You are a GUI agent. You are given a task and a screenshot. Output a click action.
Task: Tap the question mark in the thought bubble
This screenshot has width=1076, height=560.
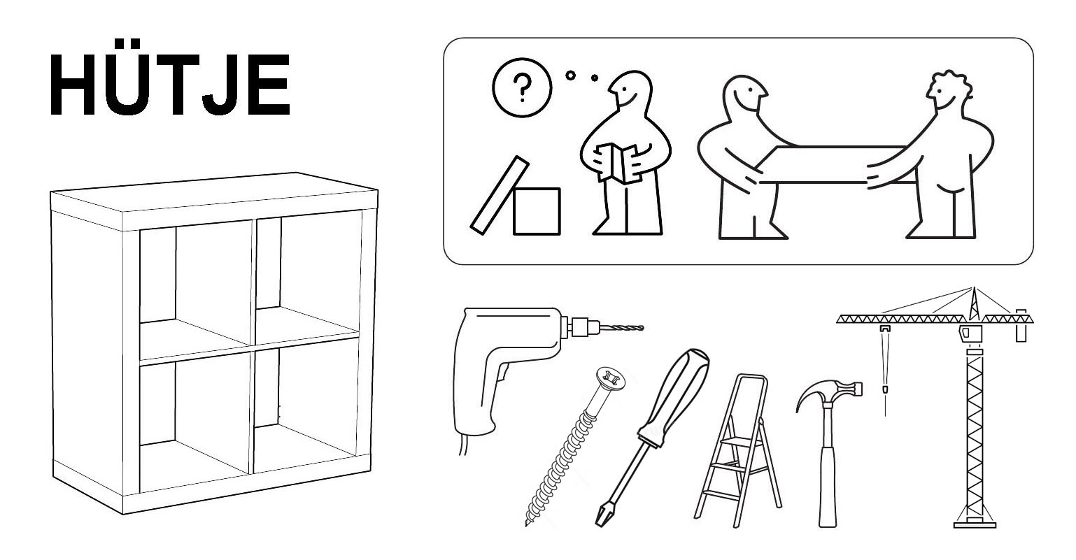pos(522,87)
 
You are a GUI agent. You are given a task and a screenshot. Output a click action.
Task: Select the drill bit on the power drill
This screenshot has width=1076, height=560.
pos(621,328)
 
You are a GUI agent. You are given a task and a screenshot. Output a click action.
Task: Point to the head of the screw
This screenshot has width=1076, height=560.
pos(611,379)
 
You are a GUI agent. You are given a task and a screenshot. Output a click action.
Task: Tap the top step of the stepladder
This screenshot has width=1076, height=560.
pos(735,441)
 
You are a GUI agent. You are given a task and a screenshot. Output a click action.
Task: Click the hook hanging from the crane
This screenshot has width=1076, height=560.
pos(883,388)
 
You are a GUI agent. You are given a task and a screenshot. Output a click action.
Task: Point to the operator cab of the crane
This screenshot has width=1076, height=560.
pos(968,333)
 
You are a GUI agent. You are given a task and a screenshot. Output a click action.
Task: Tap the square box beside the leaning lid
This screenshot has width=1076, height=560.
pos(537,211)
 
